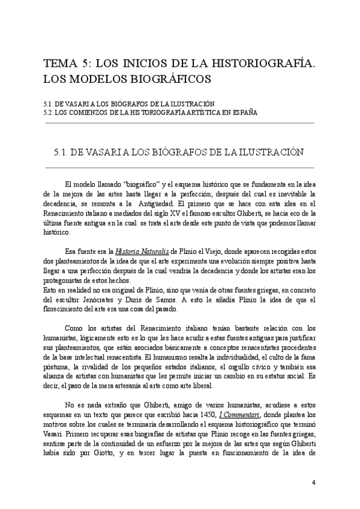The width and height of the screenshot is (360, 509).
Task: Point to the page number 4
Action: click(313, 483)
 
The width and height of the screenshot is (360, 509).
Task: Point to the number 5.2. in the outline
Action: click(52, 112)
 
